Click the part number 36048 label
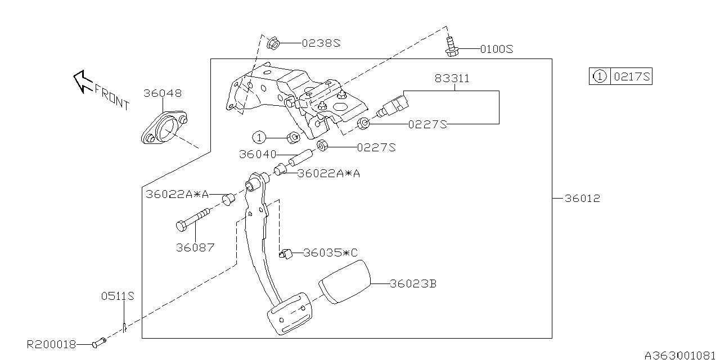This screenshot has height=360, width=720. click(162, 93)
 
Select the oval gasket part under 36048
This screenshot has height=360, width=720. click(164, 129)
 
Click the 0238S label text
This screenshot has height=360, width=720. click(321, 43)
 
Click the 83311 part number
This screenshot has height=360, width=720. click(452, 79)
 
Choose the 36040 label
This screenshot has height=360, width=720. click(258, 154)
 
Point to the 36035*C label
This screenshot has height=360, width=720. click(330, 253)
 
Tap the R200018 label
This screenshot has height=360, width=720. click(51, 344)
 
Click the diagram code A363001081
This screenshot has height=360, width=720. click(681, 355)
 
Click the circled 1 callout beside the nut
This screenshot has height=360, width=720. click(259, 137)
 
